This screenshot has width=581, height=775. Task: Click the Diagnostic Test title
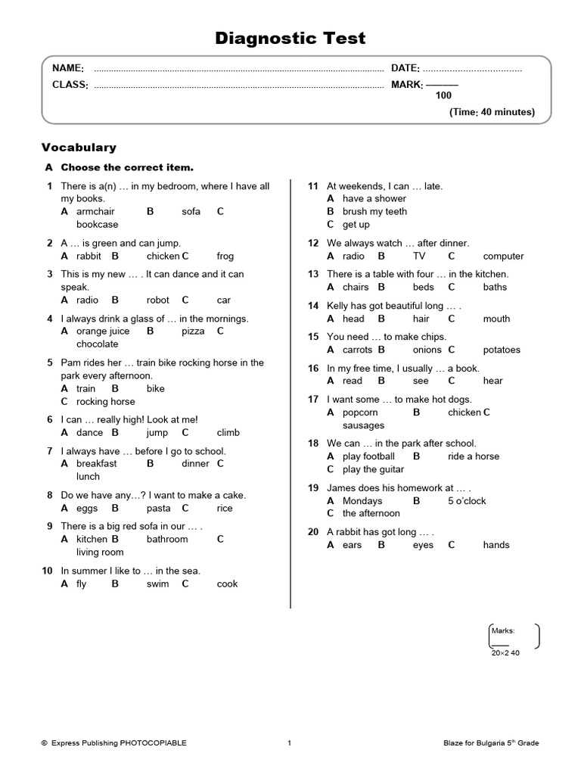click(291, 38)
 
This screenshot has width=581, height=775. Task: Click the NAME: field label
click(67, 69)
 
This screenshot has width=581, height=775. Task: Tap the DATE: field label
click(405, 69)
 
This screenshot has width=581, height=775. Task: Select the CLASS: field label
click(70, 85)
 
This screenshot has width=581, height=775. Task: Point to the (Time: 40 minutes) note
click(492, 112)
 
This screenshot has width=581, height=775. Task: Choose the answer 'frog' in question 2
click(225, 256)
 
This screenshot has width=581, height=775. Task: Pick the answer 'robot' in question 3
click(158, 300)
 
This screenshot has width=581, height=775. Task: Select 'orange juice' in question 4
click(103, 331)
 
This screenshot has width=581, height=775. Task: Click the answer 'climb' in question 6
click(228, 432)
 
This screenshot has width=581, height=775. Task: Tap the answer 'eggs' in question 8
click(87, 508)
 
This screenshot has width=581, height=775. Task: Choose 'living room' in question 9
click(100, 552)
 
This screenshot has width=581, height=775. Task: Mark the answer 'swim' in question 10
click(157, 584)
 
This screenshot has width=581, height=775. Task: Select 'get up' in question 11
click(356, 224)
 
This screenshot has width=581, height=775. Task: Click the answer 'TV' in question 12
click(419, 256)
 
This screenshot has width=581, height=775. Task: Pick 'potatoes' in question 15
click(502, 350)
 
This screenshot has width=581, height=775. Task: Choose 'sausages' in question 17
click(363, 425)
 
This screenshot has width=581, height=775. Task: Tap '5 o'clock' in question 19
click(467, 500)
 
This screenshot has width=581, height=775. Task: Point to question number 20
click(312, 532)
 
